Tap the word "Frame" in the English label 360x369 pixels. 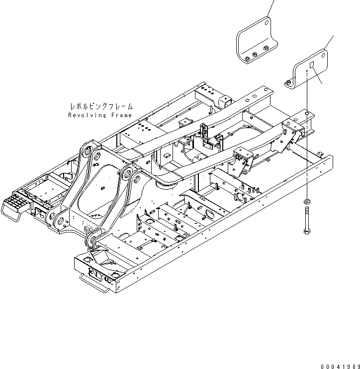click(x=121, y=115)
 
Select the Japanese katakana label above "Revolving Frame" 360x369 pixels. click(x=101, y=106)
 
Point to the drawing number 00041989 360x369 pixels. click(x=339, y=366)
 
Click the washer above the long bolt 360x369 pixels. click(x=306, y=201)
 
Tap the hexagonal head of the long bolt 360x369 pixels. click(x=306, y=230)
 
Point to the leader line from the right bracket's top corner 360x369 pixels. click(x=330, y=42)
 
